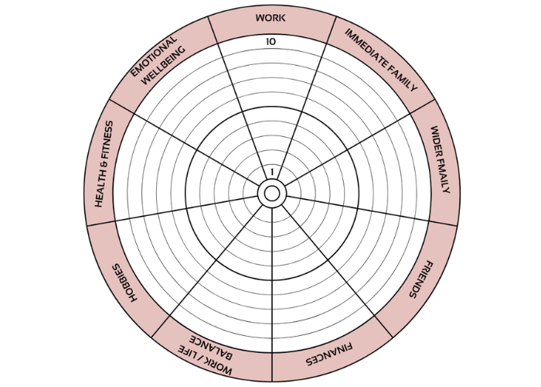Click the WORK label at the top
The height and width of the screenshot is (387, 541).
(270, 17)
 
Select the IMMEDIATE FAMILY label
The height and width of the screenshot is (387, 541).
(380, 60)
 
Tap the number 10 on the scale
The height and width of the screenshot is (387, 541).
(270, 41)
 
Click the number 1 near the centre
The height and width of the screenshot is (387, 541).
(272, 172)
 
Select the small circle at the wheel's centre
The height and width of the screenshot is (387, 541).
(271, 193)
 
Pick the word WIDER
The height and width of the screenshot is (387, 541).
(438, 139)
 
